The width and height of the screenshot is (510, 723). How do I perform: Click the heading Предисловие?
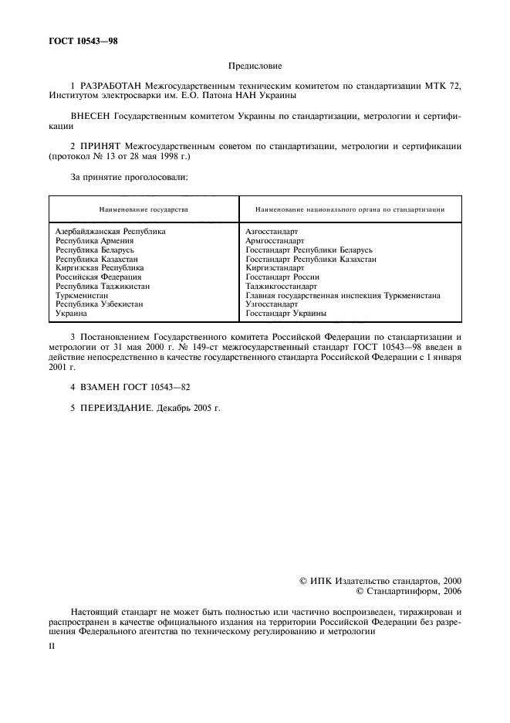point(255,67)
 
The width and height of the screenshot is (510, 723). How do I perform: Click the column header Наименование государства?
point(144,209)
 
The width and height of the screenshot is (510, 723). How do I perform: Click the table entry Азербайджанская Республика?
point(110,231)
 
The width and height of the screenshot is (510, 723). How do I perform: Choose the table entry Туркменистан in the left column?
point(81,295)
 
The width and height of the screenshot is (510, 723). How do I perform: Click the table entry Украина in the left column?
point(71,314)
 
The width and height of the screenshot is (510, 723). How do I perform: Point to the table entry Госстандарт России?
point(282,277)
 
